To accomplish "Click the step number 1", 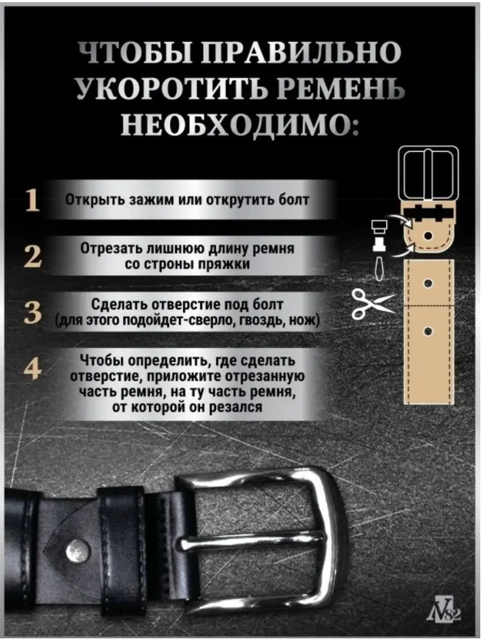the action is tap(33, 200).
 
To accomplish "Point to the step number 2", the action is tap(33, 257).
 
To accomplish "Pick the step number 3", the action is tap(33, 313).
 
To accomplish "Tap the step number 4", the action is tap(33, 369).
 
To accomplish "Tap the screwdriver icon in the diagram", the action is tap(378, 268).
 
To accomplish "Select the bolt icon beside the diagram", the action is tap(379, 236).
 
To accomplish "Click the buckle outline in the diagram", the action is tap(428, 175).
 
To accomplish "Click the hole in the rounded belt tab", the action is tap(428, 234).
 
